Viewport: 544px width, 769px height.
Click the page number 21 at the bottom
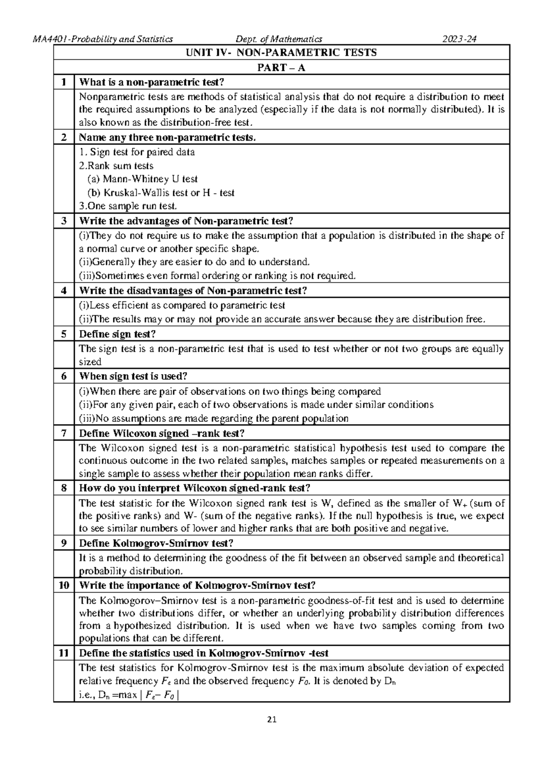pyautogui.click(x=272, y=720)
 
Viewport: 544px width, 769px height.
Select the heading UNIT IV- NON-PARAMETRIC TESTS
pyautogui.click(x=281, y=53)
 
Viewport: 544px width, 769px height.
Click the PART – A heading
pyautogui.click(x=281, y=68)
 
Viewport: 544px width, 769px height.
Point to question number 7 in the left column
pyautogui.click(x=64, y=433)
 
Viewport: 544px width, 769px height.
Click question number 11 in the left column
pyautogui.click(x=64, y=653)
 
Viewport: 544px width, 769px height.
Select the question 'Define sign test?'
pyautogui.click(x=117, y=334)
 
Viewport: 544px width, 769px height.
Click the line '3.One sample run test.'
pyautogui.click(x=128, y=206)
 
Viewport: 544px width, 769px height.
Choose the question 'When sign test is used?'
pyautogui.click(x=133, y=376)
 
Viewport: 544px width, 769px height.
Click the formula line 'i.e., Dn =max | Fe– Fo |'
pyautogui.click(x=129, y=695)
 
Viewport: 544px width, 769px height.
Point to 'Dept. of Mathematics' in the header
pyautogui.click(x=276, y=39)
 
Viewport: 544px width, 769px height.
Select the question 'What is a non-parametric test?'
pyautogui.click(x=152, y=82)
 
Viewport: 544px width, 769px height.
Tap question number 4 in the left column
pyautogui.click(x=64, y=290)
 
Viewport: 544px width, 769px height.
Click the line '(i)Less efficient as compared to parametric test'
pyautogui.click(x=182, y=306)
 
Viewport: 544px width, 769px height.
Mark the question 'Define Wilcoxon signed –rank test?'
pyautogui.click(x=162, y=433)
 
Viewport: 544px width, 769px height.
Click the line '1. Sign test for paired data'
pyautogui.click(x=137, y=152)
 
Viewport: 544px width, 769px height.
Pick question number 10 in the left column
pyautogui.click(x=64, y=585)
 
